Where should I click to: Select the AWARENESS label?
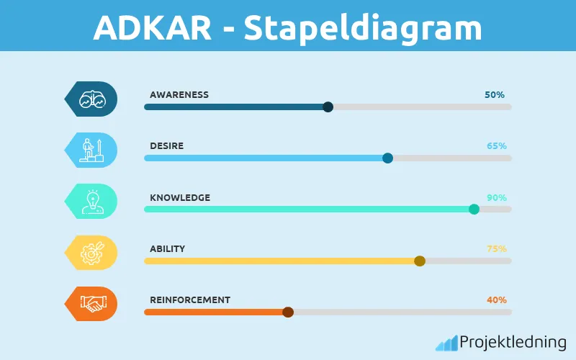pyautogui.click(x=179, y=94)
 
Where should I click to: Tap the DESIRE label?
pyautogui.click(x=166, y=145)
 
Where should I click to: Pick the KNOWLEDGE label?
pyautogui.click(x=180, y=197)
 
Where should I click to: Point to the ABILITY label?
pyautogui.click(x=167, y=248)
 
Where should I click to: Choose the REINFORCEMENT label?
pyautogui.click(x=190, y=300)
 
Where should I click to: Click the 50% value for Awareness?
pyautogui.click(x=495, y=94)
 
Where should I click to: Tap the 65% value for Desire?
pyautogui.click(x=496, y=145)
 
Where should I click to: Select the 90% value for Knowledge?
pyautogui.click(x=496, y=197)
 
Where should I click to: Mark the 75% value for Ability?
pyautogui.click(x=496, y=248)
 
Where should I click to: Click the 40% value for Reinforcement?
pyautogui.click(x=496, y=300)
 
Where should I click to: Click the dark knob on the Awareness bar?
pyautogui.click(x=328, y=107)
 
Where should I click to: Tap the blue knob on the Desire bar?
pyautogui.click(x=387, y=158)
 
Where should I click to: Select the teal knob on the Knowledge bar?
pyautogui.click(x=474, y=210)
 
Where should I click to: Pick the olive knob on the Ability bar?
pyautogui.click(x=420, y=261)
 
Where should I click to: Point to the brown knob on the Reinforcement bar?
pyautogui.click(x=288, y=312)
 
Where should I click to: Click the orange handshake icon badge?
pyautogui.click(x=91, y=304)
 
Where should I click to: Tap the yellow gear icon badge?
pyautogui.click(x=91, y=253)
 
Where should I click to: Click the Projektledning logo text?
pyautogui.click(x=512, y=342)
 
